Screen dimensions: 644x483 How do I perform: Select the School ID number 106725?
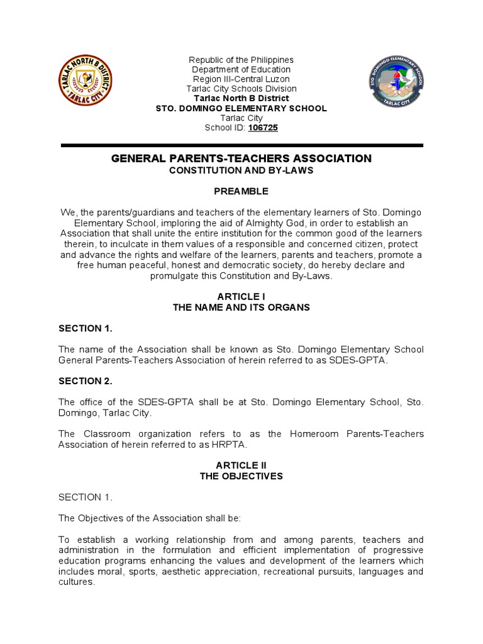point(263,128)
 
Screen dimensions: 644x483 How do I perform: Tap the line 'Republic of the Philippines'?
point(241,60)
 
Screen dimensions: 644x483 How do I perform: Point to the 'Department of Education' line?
point(241,69)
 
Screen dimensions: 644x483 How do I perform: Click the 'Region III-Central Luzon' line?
point(241,79)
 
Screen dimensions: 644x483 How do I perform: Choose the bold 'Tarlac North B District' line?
point(241,98)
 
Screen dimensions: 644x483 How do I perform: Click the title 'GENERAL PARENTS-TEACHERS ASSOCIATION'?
point(241,159)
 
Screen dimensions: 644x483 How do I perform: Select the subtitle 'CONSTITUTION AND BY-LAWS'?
point(241,170)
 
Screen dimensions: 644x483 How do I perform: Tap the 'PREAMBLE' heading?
point(241,191)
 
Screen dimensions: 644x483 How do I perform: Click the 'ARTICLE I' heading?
point(241,296)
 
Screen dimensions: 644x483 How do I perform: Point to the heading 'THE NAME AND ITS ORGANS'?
point(241,308)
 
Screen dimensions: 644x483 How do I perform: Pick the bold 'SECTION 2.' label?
point(85,380)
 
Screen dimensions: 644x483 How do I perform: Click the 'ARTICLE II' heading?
point(241,465)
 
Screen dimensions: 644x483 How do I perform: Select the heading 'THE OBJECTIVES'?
point(241,476)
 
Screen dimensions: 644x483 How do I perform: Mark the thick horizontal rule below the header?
point(241,145)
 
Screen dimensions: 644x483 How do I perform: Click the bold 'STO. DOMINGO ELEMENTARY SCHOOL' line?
point(241,108)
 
